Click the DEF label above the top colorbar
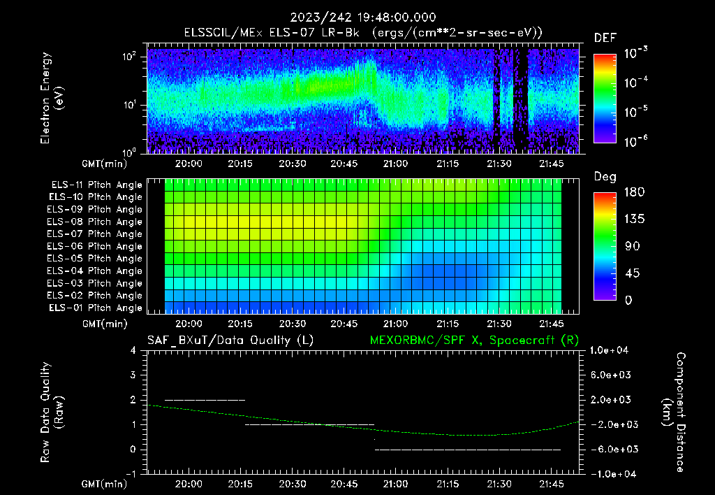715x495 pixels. pos(605,38)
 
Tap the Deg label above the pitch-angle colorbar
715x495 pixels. pos(605,177)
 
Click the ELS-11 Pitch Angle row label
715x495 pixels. pos(96,185)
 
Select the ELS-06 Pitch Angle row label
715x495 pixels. pos(96,246)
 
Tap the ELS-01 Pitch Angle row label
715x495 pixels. pos(96,308)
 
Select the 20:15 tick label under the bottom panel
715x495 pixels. pos(240,484)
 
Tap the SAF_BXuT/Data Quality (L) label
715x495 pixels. pos(230,340)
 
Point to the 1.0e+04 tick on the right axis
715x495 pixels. pos(611,350)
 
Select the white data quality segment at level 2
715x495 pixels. pos(205,400)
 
